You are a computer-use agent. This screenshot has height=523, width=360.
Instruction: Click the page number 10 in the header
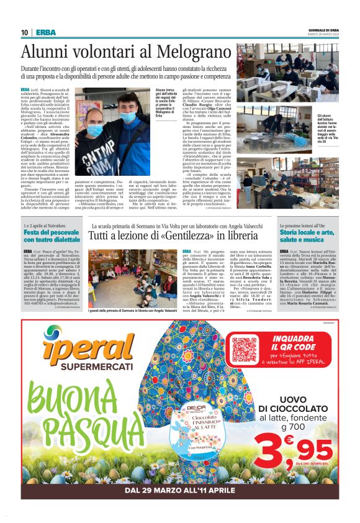[24, 32]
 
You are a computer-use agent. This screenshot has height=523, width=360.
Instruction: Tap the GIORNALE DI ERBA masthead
[323, 30]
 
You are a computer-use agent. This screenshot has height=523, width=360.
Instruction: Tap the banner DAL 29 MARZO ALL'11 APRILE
[180, 490]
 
